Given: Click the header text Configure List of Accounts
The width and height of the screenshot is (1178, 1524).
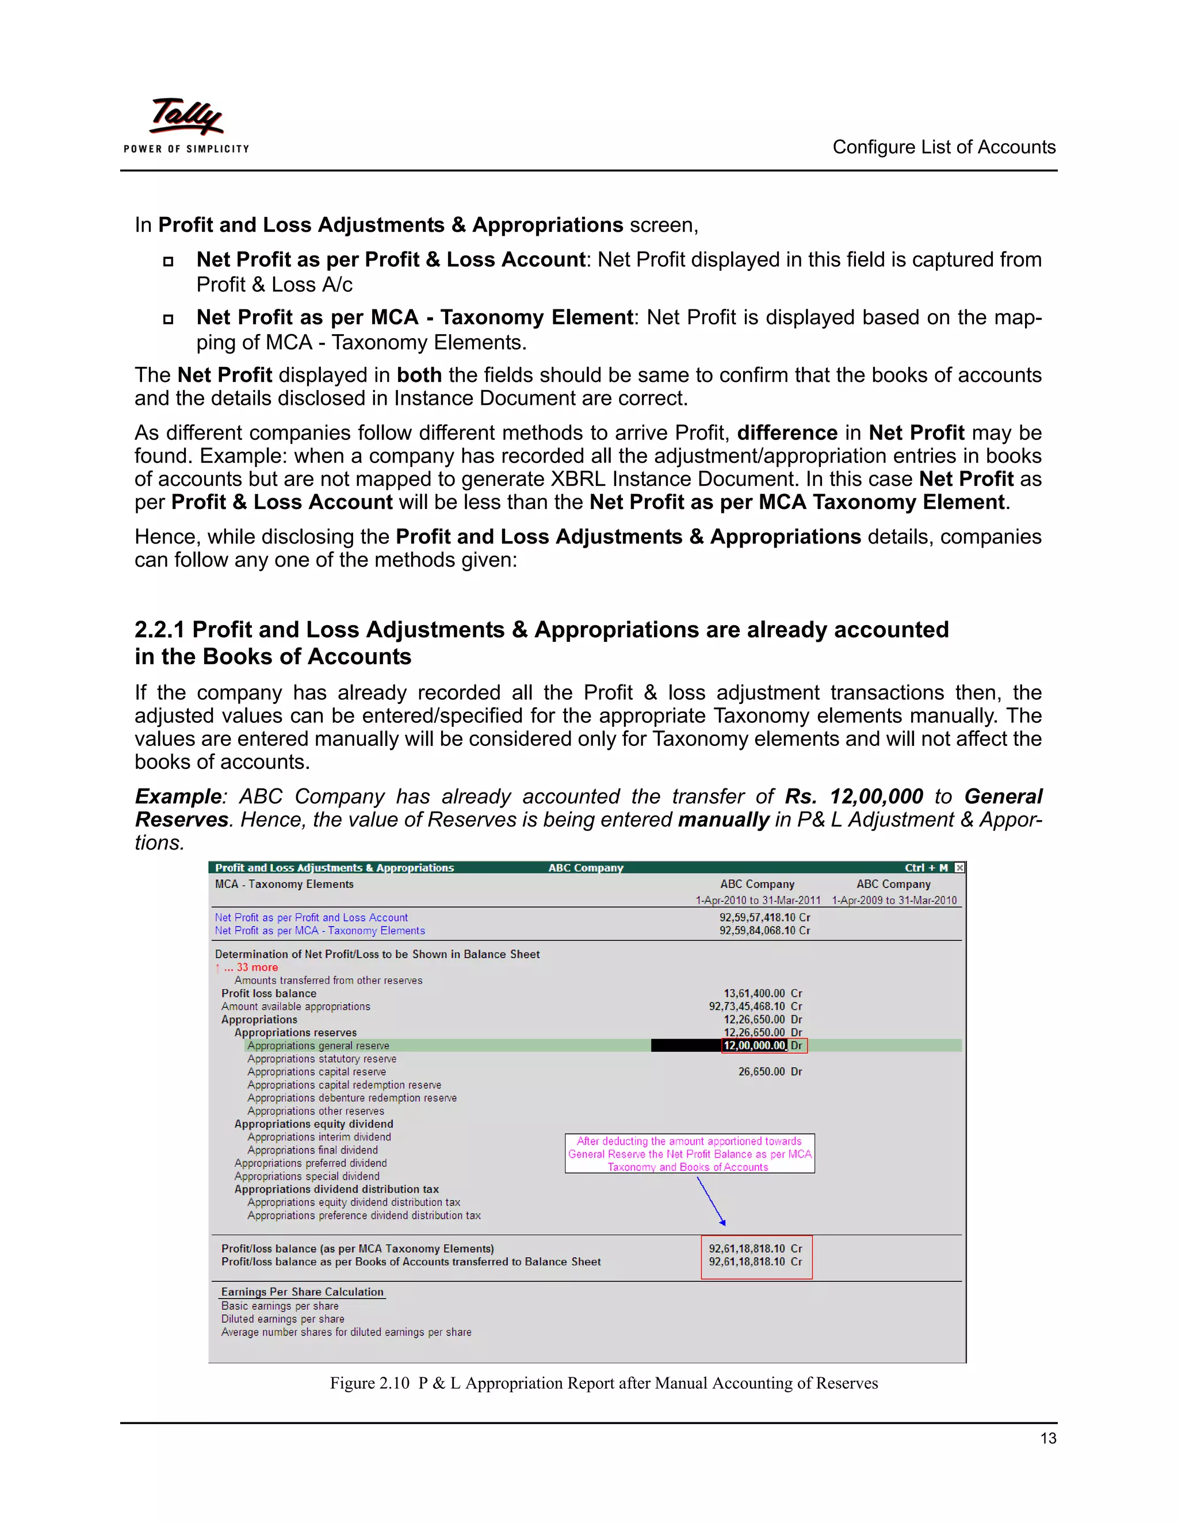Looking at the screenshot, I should click(x=943, y=147).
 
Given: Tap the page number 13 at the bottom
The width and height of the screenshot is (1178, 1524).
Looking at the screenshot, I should click(x=1047, y=1438).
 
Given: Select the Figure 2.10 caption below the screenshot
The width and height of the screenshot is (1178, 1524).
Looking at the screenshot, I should click(x=603, y=1383).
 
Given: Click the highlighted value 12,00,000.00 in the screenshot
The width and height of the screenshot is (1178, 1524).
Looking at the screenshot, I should click(x=755, y=1046).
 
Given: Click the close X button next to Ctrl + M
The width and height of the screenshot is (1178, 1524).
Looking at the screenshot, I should click(x=959, y=867).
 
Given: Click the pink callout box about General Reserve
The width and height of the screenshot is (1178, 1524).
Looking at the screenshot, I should click(x=690, y=1154).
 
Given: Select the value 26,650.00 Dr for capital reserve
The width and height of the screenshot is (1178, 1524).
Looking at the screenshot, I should click(x=770, y=1071).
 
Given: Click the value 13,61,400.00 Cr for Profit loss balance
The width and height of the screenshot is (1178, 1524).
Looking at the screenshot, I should click(x=762, y=993).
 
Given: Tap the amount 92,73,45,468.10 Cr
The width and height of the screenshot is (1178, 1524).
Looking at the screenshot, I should click(x=755, y=1006).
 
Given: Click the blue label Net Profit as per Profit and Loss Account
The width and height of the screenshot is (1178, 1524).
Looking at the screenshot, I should click(x=311, y=918).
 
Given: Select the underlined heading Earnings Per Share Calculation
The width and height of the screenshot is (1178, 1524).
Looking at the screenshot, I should click(x=302, y=1292).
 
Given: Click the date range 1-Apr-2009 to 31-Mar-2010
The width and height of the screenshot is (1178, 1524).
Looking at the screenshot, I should click(x=894, y=900).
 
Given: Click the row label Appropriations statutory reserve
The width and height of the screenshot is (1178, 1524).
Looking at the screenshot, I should click(x=322, y=1059).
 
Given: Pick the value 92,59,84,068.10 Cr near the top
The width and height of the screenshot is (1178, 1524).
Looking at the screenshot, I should click(x=764, y=930).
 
